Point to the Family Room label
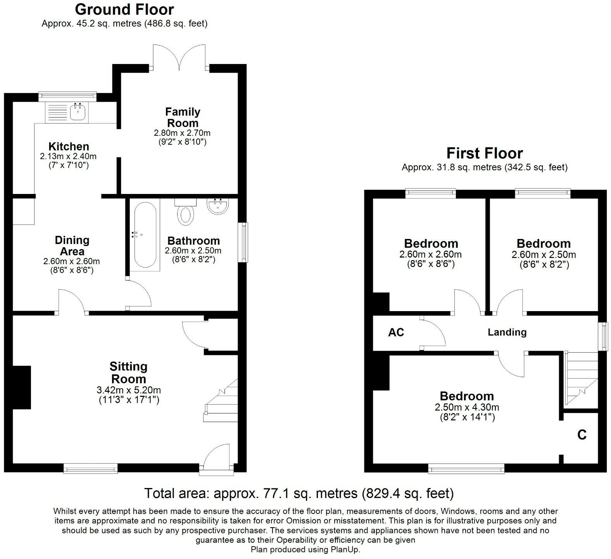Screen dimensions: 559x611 (x=182, y=117)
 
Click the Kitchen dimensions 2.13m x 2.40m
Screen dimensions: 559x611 (x=68, y=157)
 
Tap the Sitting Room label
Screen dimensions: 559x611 (x=128, y=372)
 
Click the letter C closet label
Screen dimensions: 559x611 (x=582, y=435)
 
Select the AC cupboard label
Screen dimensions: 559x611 (x=396, y=332)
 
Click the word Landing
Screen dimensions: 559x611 (x=507, y=332)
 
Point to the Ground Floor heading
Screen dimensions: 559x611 (x=124, y=9)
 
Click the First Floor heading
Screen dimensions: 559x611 (x=484, y=154)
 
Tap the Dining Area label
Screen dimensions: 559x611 (x=72, y=246)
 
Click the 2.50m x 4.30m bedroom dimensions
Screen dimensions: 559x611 (x=467, y=407)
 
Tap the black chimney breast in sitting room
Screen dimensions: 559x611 (x=22, y=387)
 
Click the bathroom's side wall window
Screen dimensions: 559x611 (x=243, y=242)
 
